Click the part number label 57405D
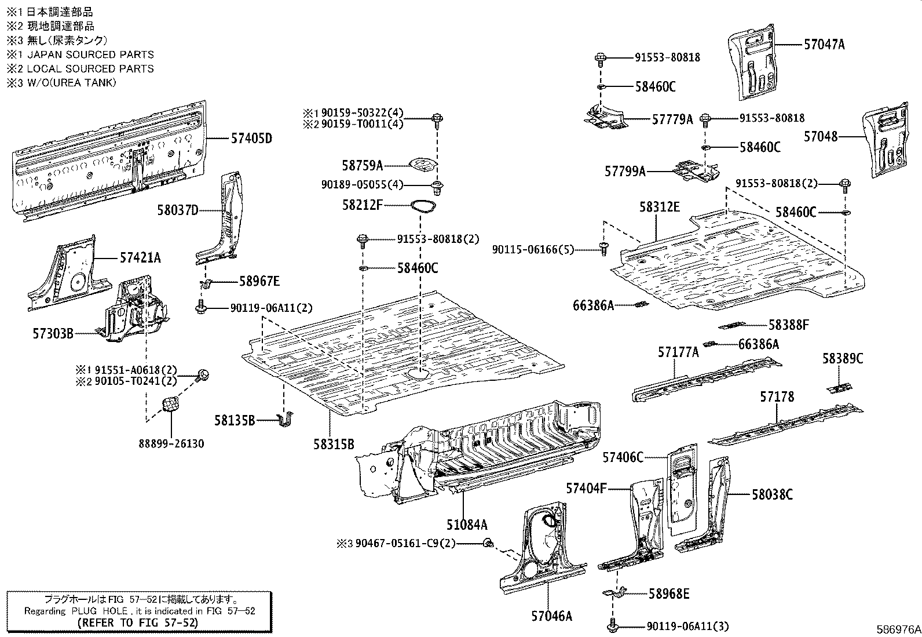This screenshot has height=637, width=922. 251,138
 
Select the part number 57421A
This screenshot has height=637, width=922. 141,257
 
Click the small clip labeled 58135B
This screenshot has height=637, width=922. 286,421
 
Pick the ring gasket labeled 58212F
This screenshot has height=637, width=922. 422,206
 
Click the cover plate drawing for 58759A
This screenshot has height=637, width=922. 422,165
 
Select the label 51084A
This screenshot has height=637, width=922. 467,525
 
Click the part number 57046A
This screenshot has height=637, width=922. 551,616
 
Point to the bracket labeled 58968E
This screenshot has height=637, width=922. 616,593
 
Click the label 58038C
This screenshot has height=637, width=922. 773,494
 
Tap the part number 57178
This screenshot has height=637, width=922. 777,397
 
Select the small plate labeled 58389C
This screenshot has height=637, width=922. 841,387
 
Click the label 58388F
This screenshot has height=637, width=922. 789,325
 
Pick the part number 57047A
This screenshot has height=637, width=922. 824,44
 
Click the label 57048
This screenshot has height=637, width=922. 821,137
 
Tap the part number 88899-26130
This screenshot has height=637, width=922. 171,444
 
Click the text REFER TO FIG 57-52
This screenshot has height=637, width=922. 138,623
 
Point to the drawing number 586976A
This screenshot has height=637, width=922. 898,629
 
